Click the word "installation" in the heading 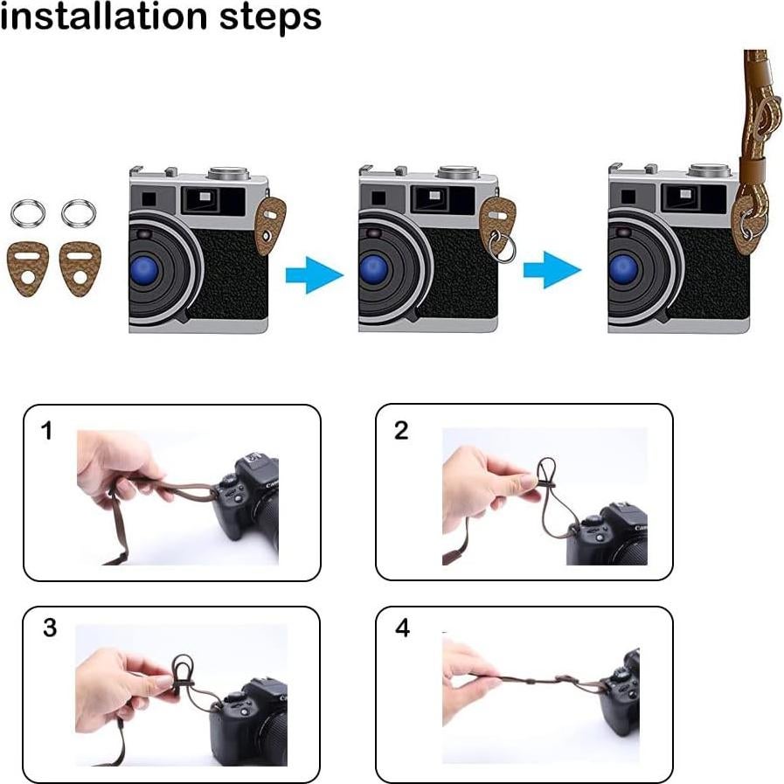tap(103, 16)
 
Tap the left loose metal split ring tap(28, 212)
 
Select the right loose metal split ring tap(79, 212)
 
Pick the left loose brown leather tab tap(28, 268)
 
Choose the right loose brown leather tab tap(80, 268)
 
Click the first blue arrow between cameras tap(315, 274)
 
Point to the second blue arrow tap(552, 270)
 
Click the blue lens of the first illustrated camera tap(144, 271)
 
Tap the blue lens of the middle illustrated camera tap(374, 271)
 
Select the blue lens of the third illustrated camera tap(623, 271)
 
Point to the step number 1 tap(47, 431)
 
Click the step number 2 tap(401, 431)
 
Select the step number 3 tap(50, 628)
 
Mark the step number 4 tap(403, 628)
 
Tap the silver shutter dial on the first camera tap(228, 173)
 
